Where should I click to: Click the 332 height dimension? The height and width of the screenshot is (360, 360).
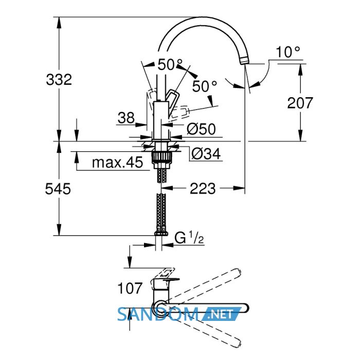tap(59, 80)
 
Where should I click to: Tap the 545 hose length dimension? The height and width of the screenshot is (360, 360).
tap(58, 189)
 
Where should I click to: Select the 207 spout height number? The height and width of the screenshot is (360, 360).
tap(300, 103)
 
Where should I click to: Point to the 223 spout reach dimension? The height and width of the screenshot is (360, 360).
tap(203, 189)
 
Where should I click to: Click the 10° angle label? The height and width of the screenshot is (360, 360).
tap(288, 52)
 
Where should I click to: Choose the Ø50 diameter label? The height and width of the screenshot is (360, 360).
tap(201, 129)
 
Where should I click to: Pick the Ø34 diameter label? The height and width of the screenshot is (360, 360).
tap(206, 154)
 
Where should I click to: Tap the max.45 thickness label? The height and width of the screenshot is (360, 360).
tap(117, 163)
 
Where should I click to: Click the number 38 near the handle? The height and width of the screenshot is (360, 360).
tap(126, 118)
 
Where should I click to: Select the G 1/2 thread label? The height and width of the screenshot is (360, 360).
tap(189, 238)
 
